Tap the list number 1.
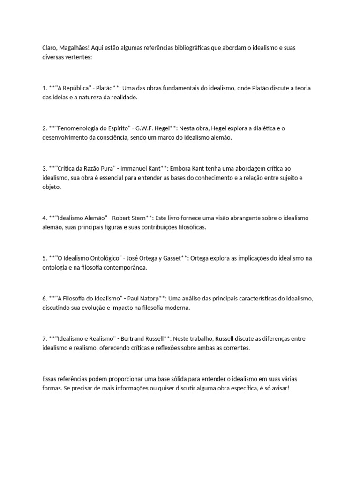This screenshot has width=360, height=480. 44,88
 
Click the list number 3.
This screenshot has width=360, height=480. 44,168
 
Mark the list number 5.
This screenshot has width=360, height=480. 44,258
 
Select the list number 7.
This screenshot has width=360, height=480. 44,338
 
